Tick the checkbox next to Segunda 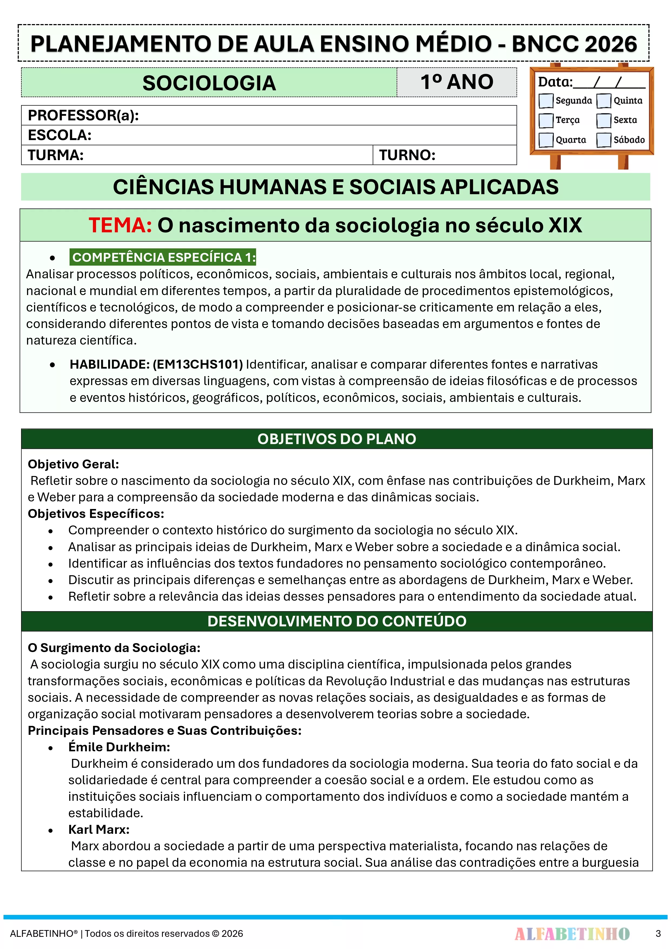pos(546,100)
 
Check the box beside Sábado pos(604,140)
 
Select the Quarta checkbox pos(546,140)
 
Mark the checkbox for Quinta pos(604,100)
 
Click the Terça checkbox pos(546,120)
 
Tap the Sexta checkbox pos(604,120)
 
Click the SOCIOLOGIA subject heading pos(209,83)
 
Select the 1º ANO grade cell pos(457,82)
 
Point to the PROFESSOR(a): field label pos(83,115)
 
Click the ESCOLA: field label pos(60,135)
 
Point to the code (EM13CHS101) pos(198,364)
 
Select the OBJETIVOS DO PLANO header pos(336,439)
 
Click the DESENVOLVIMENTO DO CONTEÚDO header pos(336,621)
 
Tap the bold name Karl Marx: pos(99,829)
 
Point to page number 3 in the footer pos(658,934)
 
